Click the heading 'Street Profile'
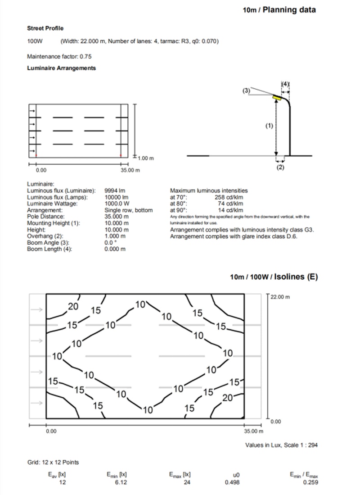[x=45, y=28]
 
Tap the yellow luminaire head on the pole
[x=276, y=97]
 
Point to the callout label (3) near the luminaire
[x=246, y=91]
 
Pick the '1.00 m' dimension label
[x=146, y=158]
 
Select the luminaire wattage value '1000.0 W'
[x=117, y=204]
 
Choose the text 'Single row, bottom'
[x=129, y=210]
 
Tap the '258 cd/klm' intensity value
[x=229, y=197]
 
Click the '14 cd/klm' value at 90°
[x=230, y=210]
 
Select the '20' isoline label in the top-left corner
[x=73, y=307]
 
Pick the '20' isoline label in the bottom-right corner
[x=228, y=398]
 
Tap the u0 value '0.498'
[x=232, y=482]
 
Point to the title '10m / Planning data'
[x=279, y=9]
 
